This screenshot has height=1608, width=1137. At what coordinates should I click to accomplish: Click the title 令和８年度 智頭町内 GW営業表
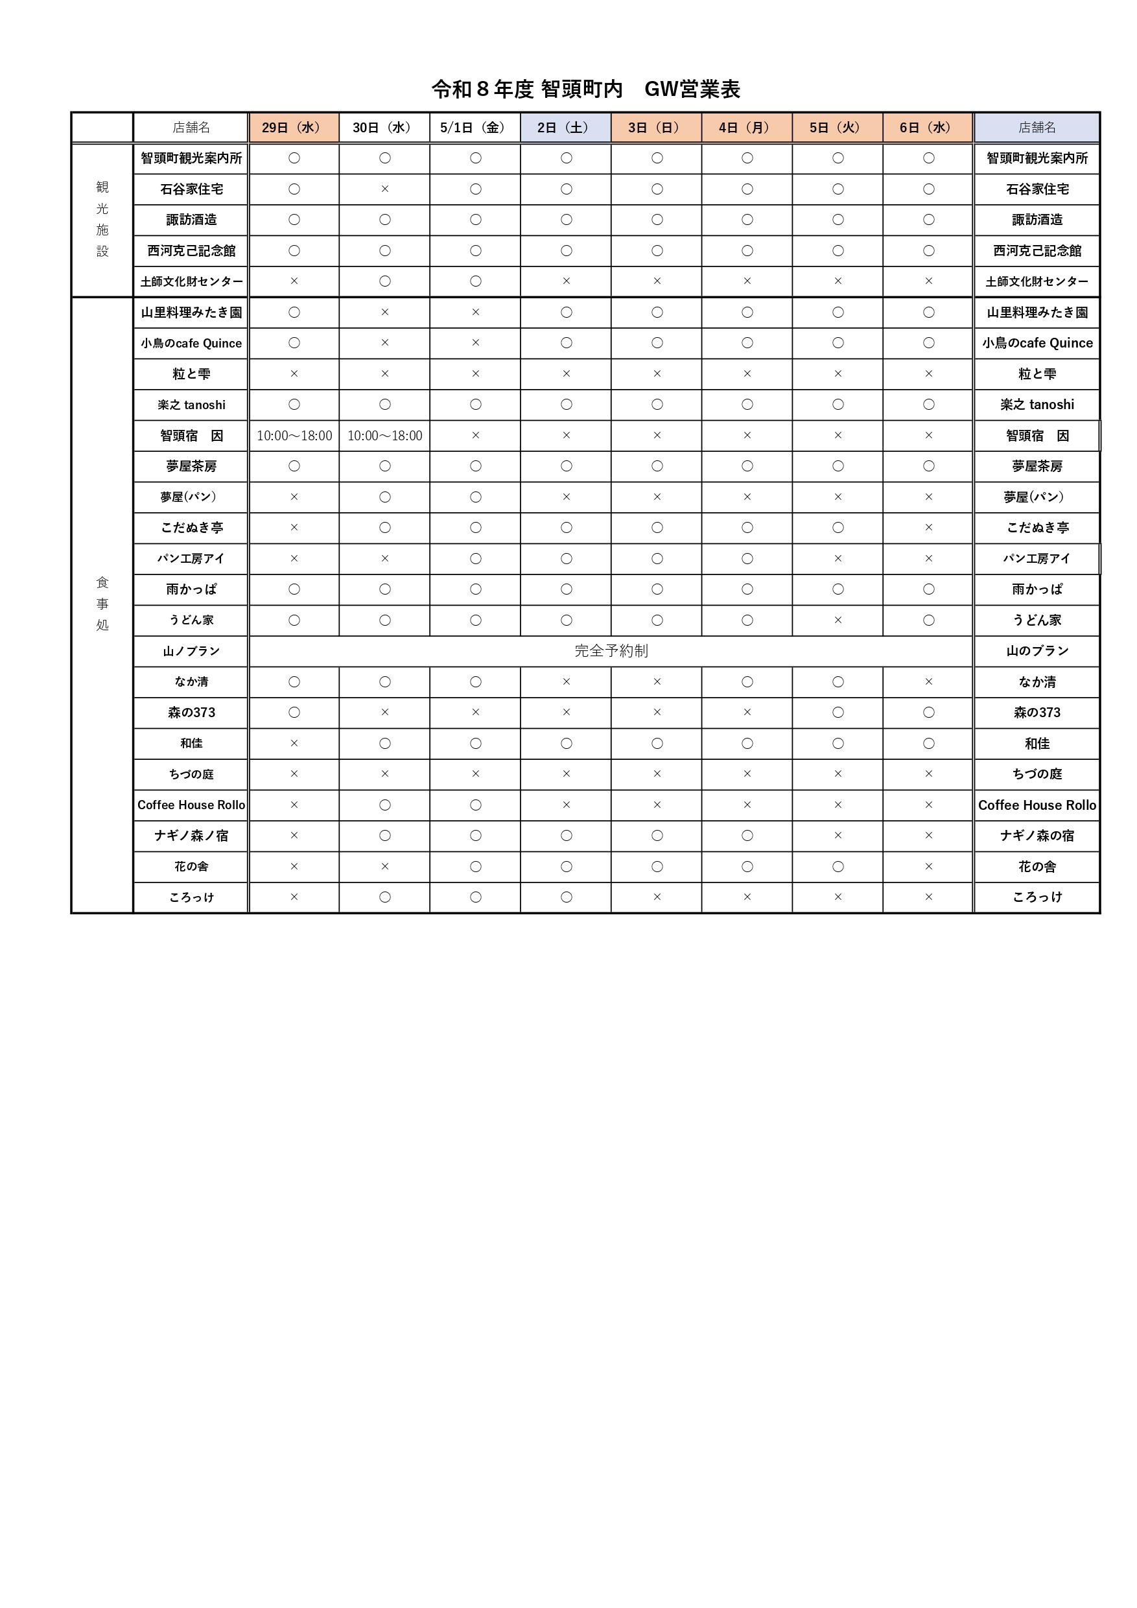(585, 89)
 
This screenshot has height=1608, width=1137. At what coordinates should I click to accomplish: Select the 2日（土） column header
(565, 128)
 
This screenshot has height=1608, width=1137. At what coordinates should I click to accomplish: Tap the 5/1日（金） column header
(474, 128)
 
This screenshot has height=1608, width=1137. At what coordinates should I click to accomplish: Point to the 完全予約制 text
(611, 650)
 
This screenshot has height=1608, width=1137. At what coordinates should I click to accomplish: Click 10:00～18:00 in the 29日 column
(294, 436)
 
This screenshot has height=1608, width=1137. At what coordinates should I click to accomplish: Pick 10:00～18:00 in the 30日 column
(384, 436)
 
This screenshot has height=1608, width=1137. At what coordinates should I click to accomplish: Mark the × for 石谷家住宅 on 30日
(384, 189)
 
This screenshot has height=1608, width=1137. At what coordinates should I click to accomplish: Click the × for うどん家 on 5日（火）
(838, 620)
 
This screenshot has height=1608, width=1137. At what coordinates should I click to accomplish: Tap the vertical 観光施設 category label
(102, 219)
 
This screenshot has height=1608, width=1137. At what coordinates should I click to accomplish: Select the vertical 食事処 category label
(102, 604)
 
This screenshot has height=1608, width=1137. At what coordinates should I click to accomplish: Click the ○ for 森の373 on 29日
(294, 713)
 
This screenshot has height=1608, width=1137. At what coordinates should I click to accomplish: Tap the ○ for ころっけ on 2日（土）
(566, 897)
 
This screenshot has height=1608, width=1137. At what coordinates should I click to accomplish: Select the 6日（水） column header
(928, 128)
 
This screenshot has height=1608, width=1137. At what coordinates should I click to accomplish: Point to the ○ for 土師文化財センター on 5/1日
(475, 281)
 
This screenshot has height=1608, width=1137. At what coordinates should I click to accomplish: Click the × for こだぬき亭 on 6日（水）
(928, 527)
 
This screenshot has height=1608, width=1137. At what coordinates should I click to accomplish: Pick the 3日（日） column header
(655, 128)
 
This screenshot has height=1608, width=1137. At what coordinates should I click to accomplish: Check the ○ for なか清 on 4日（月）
(747, 681)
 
